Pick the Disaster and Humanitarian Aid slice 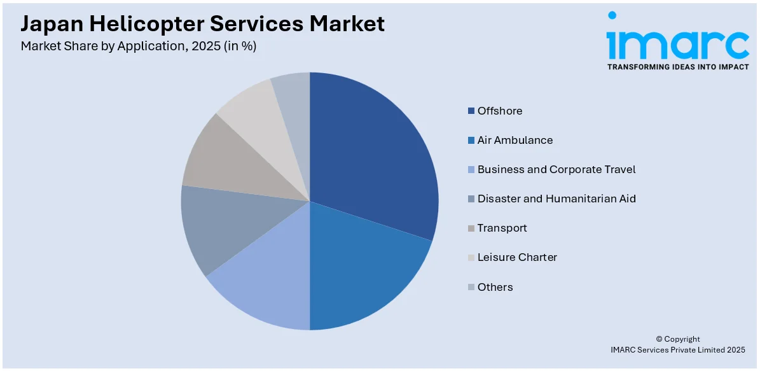(216, 226)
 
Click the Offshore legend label (499, 111)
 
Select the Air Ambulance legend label (515, 140)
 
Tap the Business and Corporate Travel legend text (556, 169)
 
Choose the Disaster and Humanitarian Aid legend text (556, 199)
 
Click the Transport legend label (502, 228)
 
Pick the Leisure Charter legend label (516, 257)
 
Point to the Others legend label (495, 287)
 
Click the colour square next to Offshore (471, 111)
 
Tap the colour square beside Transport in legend (471, 228)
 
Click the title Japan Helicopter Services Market (202, 24)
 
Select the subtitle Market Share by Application (138, 46)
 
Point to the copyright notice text (677, 344)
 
